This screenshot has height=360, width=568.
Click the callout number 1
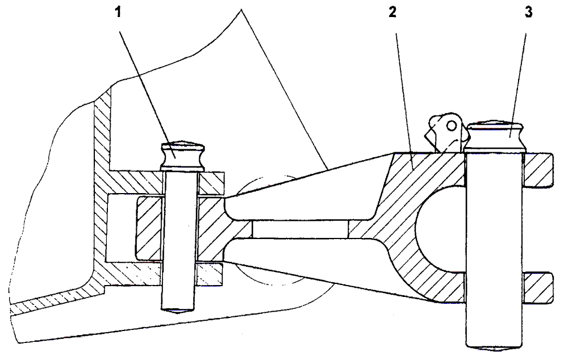tap(118, 12)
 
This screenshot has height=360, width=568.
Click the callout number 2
tap(392, 12)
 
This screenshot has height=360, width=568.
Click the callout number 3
tap(529, 12)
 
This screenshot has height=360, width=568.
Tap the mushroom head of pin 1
tap(182, 156)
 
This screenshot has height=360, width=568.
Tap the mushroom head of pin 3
tap(495, 136)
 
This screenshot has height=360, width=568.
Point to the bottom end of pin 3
tap(495, 349)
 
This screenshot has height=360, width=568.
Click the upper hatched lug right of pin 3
tap(538, 170)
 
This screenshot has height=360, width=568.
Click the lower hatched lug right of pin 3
tap(538, 287)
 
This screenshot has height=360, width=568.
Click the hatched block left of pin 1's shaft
tap(148, 228)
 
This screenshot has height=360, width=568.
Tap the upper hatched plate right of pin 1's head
tap(211, 183)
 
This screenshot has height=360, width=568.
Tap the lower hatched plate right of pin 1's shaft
tap(210, 274)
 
